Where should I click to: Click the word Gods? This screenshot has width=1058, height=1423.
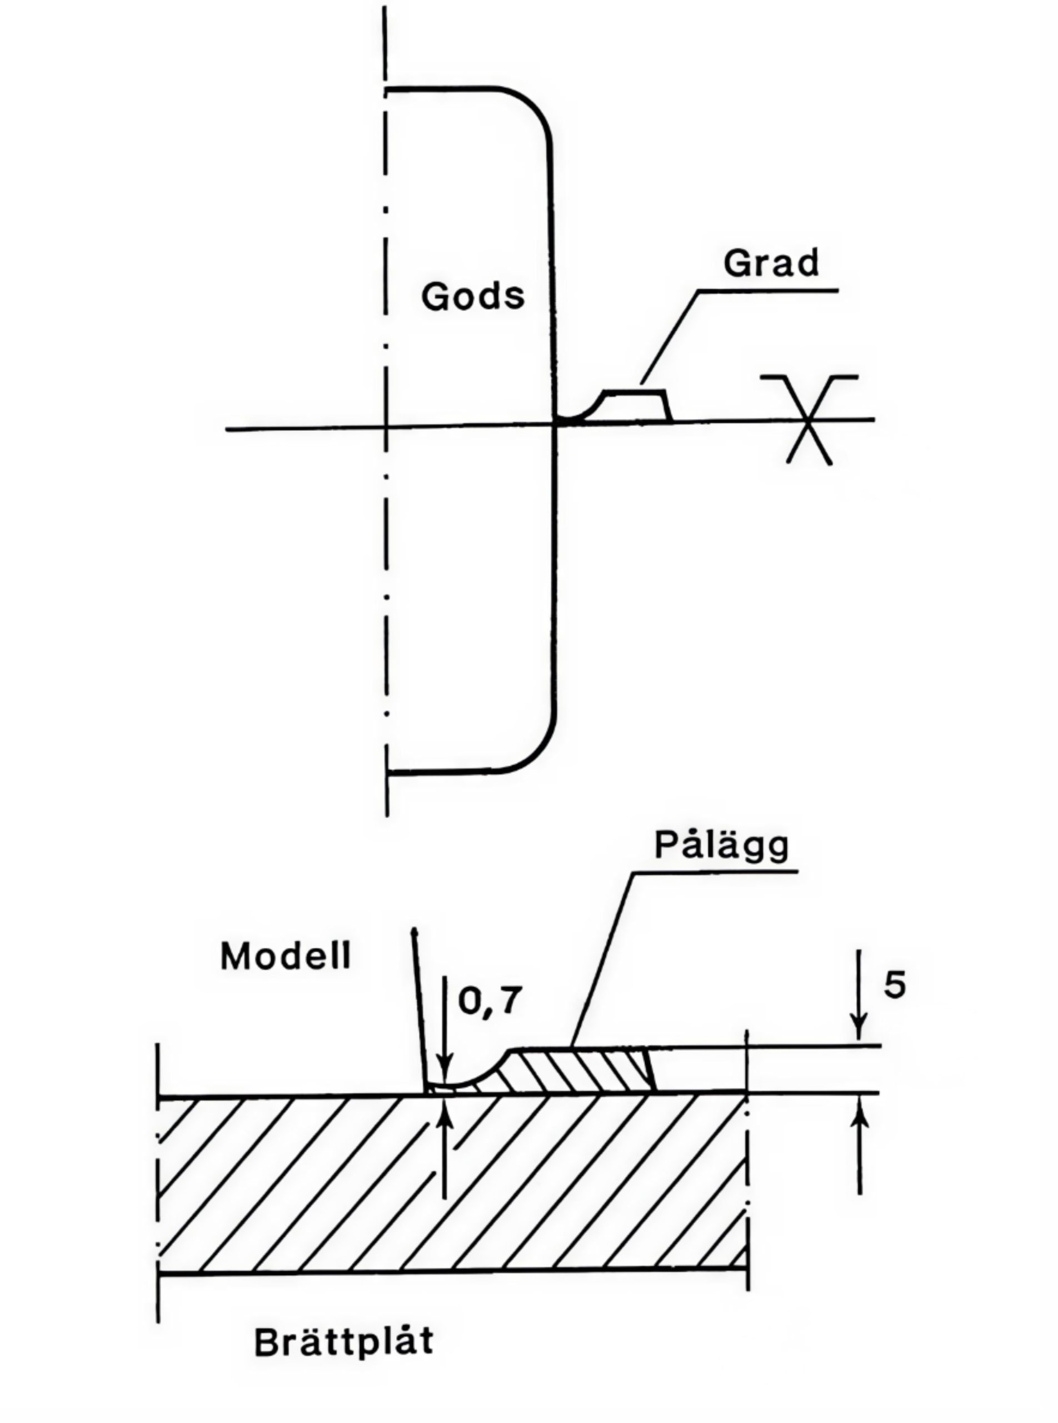(473, 297)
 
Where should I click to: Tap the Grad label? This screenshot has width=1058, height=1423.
(771, 263)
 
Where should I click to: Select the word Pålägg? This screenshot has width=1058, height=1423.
(722, 845)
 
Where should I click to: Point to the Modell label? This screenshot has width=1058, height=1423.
(286, 957)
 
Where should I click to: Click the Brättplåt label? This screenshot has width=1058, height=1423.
(344, 1342)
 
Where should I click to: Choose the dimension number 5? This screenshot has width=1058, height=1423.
(895, 985)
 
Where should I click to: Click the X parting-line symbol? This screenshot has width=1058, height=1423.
(809, 420)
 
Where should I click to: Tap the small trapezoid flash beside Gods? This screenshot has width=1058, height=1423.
(635, 406)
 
